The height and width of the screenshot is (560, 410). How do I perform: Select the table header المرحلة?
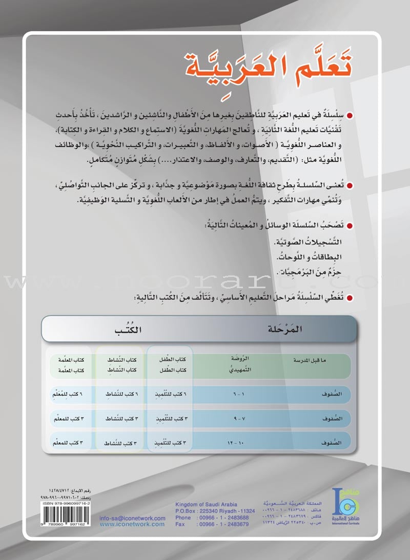286,329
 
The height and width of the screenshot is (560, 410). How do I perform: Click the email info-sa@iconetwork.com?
133,518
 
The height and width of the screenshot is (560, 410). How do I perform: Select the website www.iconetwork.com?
133,524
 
